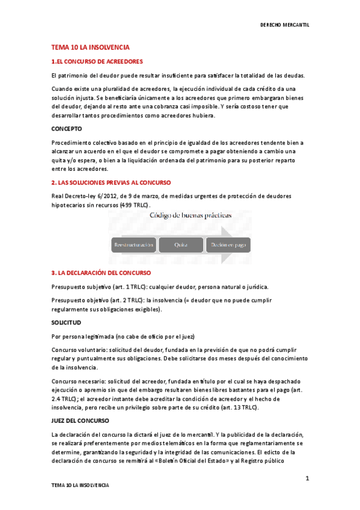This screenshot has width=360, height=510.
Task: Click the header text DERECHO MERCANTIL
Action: pos(288,25)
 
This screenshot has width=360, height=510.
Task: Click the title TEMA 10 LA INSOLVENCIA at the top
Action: pos(90,47)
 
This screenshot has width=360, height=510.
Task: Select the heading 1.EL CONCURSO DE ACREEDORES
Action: pos(96,61)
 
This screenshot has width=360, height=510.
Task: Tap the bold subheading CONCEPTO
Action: pos(67,129)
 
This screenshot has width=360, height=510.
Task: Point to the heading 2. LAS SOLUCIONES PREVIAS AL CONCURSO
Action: pos(111,182)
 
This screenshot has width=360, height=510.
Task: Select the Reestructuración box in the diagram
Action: pos(133,245)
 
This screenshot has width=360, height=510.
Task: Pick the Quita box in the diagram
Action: pos(180,245)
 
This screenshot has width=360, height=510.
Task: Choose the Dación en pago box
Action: pos(227,245)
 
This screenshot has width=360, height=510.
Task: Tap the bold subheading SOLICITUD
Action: pos(66,323)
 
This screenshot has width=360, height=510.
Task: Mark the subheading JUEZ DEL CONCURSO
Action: pos(76,421)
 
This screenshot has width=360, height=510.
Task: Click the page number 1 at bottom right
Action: pos(307,479)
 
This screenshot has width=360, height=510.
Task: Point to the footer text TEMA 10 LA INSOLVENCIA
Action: pos(80,485)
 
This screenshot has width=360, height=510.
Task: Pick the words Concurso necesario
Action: pos(75,381)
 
